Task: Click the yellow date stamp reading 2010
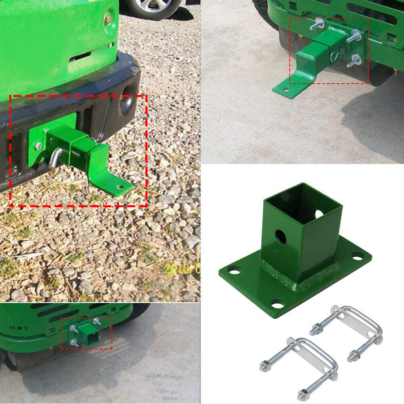pos(182,268)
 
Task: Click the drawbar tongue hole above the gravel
pos(120,187)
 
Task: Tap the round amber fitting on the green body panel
pos(108,19)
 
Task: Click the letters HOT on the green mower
pos(19,328)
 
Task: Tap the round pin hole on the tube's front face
pos(280,236)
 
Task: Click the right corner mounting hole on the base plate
pos(358,256)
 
